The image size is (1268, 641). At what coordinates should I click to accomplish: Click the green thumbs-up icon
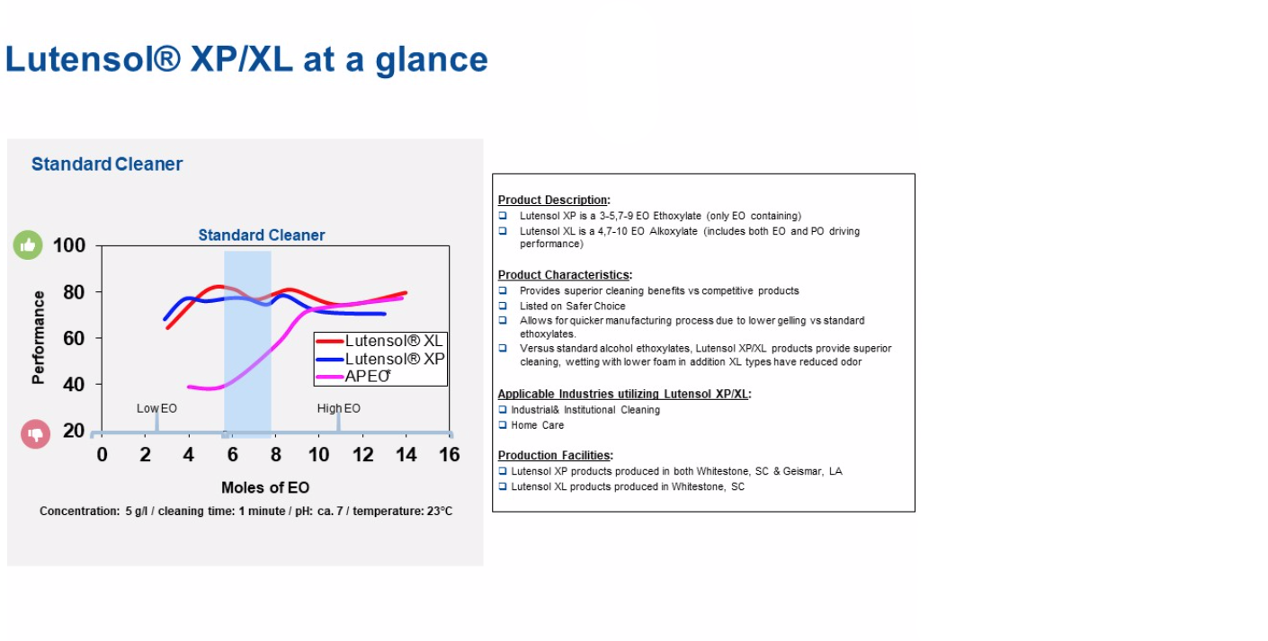click(x=28, y=245)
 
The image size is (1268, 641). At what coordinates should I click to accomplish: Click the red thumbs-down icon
click(x=35, y=434)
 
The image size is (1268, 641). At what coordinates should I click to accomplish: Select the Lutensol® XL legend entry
click(x=380, y=341)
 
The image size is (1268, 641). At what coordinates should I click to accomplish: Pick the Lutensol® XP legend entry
click(x=380, y=359)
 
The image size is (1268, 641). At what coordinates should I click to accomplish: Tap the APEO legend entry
click(x=353, y=376)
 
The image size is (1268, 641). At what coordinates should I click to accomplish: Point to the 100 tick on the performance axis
click(x=69, y=245)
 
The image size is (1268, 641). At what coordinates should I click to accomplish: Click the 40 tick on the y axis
click(x=74, y=385)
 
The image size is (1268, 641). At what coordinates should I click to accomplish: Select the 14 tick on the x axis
click(x=406, y=454)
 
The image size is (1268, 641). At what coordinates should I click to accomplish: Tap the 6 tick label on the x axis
click(x=232, y=454)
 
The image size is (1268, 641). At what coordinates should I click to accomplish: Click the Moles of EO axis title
click(x=265, y=487)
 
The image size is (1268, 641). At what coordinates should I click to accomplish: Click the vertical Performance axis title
click(x=38, y=338)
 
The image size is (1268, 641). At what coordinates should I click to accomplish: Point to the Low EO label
click(x=156, y=408)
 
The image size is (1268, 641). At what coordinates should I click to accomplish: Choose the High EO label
click(x=338, y=408)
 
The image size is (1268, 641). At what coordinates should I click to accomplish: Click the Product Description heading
click(x=554, y=200)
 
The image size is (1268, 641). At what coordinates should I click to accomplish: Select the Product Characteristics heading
click(x=565, y=275)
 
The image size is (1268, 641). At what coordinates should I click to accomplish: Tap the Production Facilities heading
click(x=556, y=456)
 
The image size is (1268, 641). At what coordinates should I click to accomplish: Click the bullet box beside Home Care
click(x=503, y=425)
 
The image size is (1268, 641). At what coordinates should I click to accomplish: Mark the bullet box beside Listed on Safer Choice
click(x=503, y=306)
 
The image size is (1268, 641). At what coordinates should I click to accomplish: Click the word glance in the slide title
click(x=432, y=60)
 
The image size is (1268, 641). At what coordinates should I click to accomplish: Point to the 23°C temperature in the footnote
click(x=439, y=511)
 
